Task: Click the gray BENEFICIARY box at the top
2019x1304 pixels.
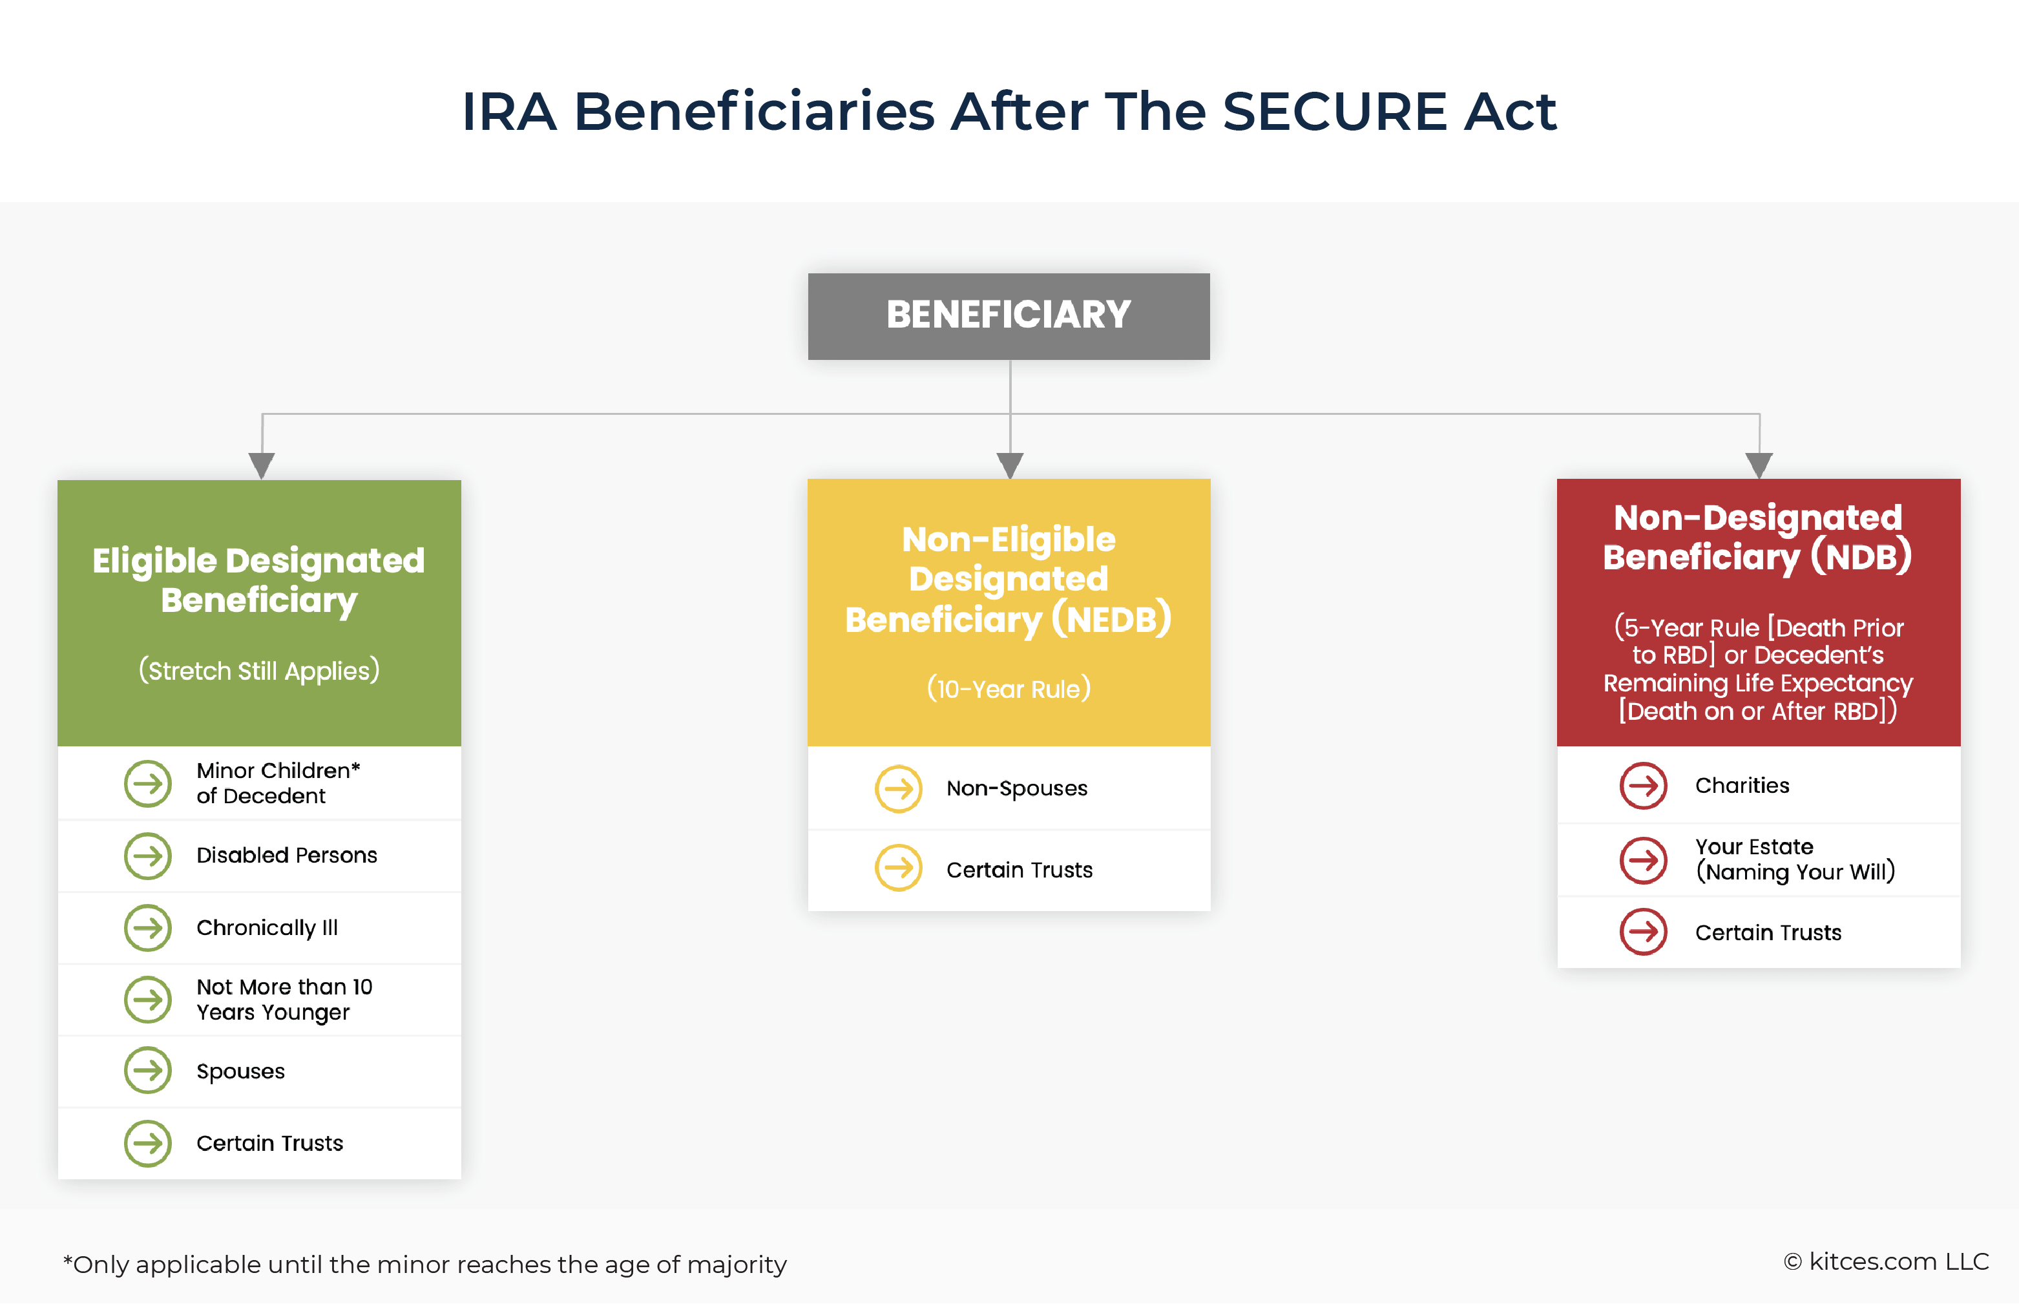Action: pyautogui.click(x=1009, y=316)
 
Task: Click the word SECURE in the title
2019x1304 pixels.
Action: pyautogui.click(x=1335, y=112)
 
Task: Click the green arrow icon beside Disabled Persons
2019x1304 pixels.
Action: pyautogui.click(x=148, y=856)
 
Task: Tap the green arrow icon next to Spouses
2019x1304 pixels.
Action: pyautogui.click(x=148, y=1071)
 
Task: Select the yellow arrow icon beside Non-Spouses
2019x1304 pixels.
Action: pyautogui.click(x=898, y=788)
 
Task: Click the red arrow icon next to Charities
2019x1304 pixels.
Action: pyautogui.click(x=1643, y=786)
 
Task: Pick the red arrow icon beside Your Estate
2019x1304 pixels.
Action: pyautogui.click(x=1643, y=860)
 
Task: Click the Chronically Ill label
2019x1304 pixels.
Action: pyautogui.click(x=267, y=928)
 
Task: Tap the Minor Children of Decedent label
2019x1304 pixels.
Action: pyautogui.click(x=278, y=783)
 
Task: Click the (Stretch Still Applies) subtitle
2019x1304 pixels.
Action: pyautogui.click(x=259, y=671)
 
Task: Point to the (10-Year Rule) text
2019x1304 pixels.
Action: pyautogui.click(x=1009, y=688)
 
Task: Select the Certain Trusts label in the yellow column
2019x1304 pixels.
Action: pyautogui.click(x=1020, y=870)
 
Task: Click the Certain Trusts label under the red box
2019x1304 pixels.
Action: pyautogui.click(x=1768, y=933)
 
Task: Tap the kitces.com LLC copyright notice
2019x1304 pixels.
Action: pyautogui.click(x=1886, y=1261)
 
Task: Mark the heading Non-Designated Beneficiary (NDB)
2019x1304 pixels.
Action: pyautogui.click(x=1757, y=538)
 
